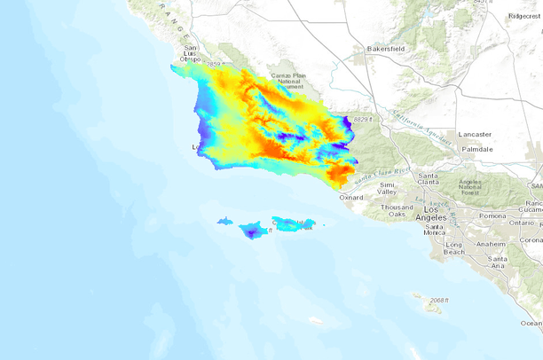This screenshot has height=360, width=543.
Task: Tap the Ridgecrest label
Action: tap(524, 15)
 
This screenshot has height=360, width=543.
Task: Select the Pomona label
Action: tap(492, 215)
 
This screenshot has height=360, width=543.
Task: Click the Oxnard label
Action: tap(351, 197)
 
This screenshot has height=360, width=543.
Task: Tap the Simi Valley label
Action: tap(387, 187)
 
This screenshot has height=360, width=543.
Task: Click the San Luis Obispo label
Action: tap(189, 53)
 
